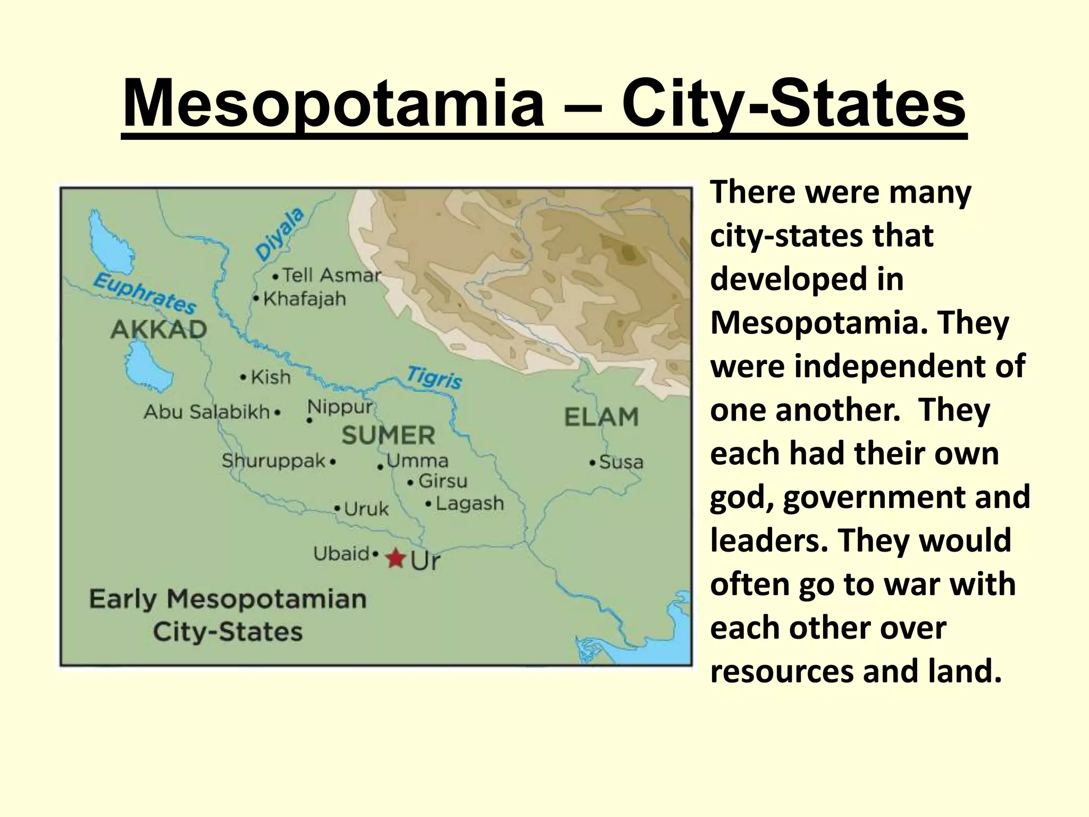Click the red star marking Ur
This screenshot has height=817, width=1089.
[x=395, y=558]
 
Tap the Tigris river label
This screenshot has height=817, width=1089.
[x=434, y=378]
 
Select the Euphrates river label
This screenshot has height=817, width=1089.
[x=145, y=293]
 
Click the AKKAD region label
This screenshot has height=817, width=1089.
[x=158, y=330]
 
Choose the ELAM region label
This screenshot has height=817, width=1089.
[x=601, y=417]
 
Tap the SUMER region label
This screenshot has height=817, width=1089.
[x=388, y=436]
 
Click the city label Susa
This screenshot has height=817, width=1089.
[x=621, y=462]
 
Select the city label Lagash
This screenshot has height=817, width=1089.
[x=470, y=503]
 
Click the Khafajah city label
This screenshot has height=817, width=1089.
[x=304, y=299]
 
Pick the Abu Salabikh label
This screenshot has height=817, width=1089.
[x=207, y=412]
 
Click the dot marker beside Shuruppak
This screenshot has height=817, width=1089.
[x=333, y=462]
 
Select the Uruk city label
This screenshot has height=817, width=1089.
[x=366, y=509]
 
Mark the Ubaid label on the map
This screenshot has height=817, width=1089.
[x=341, y=554]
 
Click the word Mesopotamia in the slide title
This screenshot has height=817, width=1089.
[x=333, y=103]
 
